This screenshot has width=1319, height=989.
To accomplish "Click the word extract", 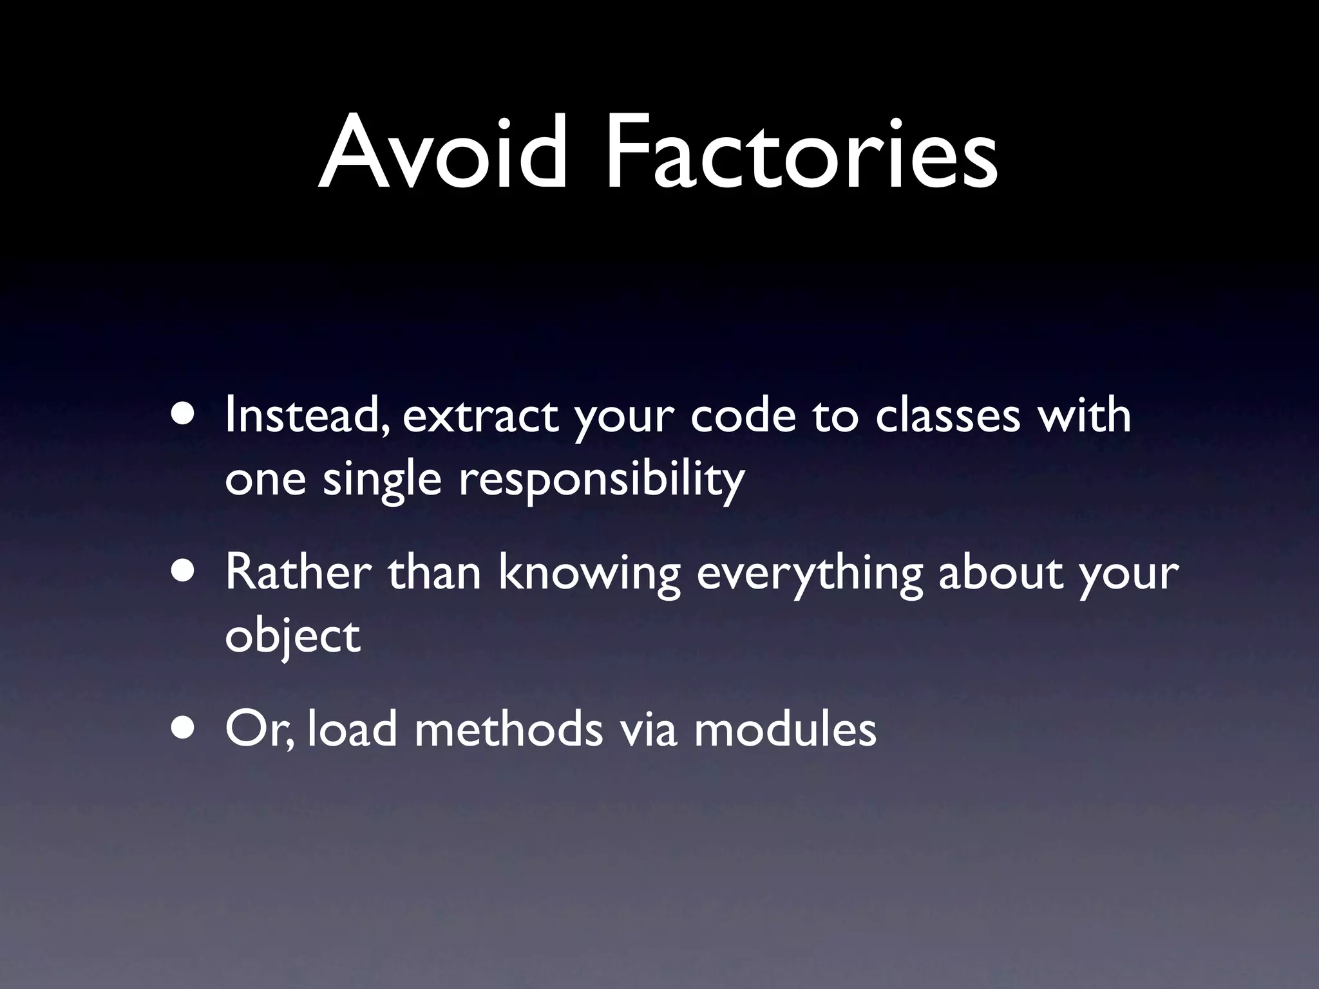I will (x=480, y=417).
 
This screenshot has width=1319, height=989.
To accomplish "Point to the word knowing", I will (x=589, y=574).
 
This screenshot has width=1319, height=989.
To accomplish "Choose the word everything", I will (x=810, y=574).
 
